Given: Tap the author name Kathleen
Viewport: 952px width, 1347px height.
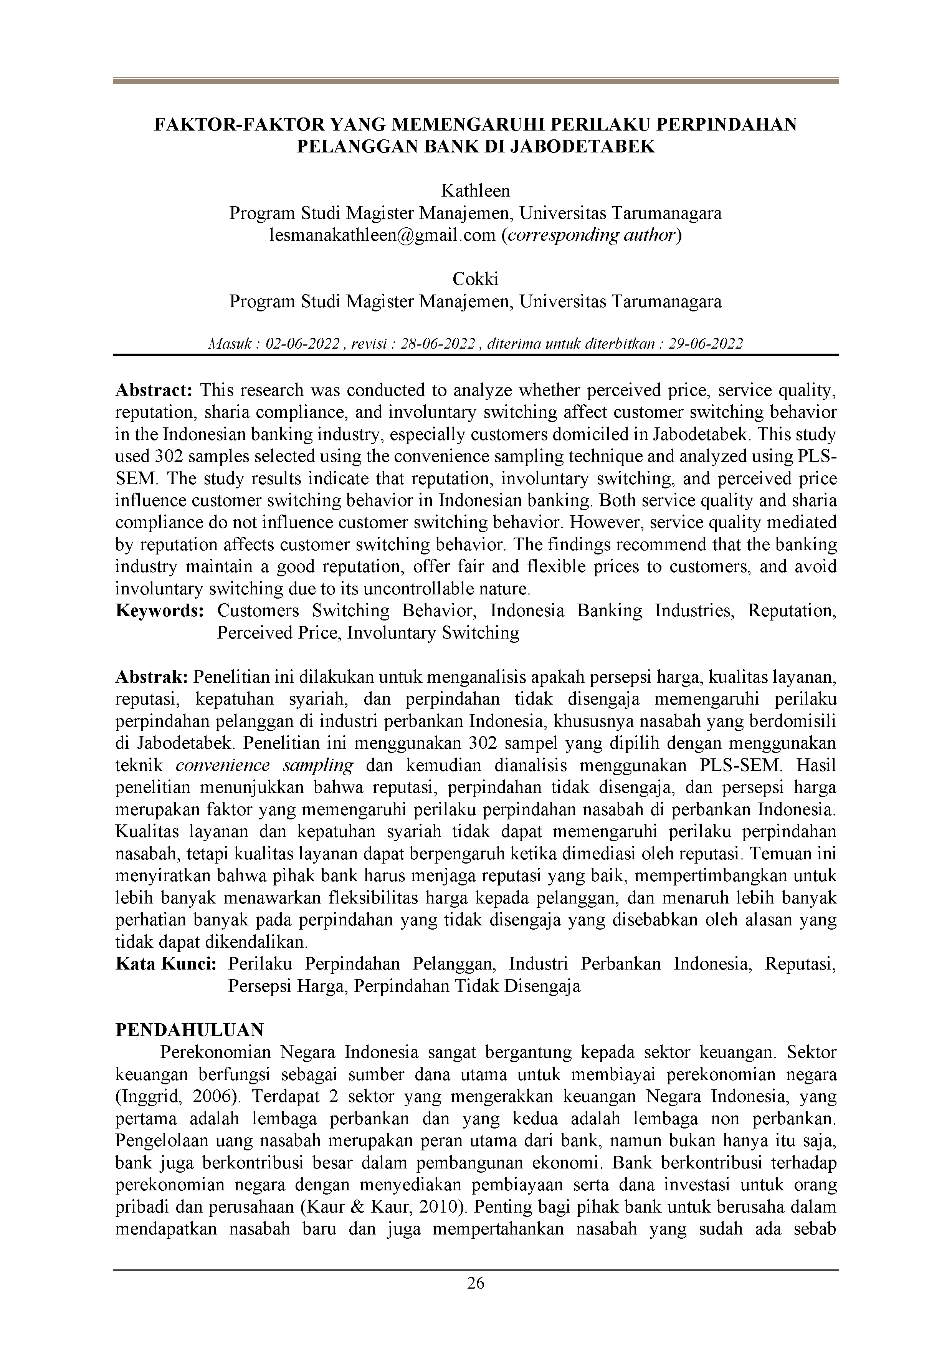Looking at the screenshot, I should coord(475,191).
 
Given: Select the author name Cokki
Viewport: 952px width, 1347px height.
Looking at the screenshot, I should coord(475,279).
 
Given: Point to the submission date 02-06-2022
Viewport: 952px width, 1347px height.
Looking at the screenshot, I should coord(302,344).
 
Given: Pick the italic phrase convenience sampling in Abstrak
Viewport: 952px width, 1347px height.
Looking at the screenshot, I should coord(264,766).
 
